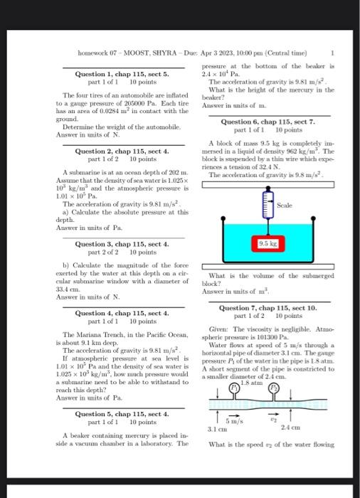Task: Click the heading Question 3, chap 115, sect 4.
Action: coord(122,245)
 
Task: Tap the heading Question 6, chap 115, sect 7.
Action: coord(268,122)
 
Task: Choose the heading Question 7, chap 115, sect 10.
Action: coord(268,307)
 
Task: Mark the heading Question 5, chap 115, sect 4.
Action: coord(122,413)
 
